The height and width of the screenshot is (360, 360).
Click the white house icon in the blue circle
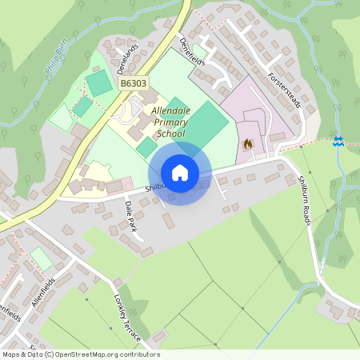click(180, 172)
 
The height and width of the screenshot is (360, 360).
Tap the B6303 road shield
click(134, 82)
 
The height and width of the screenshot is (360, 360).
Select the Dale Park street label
click(131, 214)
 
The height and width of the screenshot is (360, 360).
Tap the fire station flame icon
click(247, 145)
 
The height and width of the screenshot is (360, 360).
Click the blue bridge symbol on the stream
click(338, 141)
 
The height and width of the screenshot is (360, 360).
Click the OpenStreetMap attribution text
click(80, 354)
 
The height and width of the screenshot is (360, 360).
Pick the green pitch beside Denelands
click(98, 82)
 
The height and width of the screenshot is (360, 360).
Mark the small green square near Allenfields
click(41, 258)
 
